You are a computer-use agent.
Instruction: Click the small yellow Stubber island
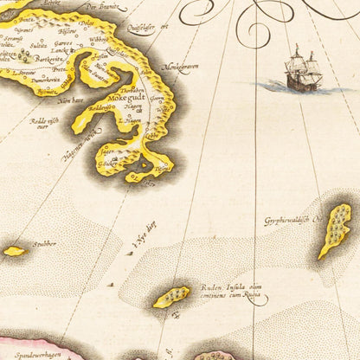point(13,251)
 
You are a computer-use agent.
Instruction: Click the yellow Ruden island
point(171,297)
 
